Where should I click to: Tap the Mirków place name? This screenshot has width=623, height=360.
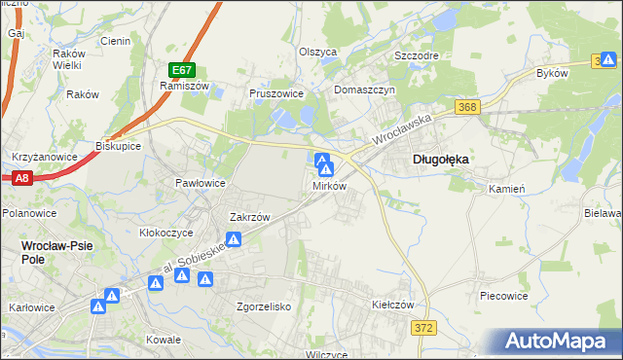click(x=330, y=186)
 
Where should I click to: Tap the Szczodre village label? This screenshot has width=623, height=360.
click(x=417, y=55)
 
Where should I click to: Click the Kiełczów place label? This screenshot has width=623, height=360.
click(x=393, y=304)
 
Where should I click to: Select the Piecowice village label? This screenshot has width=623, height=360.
click(x=504, y=294)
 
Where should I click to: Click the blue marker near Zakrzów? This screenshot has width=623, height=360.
click(x=234, y=239)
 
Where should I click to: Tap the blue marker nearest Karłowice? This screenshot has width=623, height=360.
click(x=98, y=306)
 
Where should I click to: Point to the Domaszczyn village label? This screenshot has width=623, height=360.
click(x=364, y=89)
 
